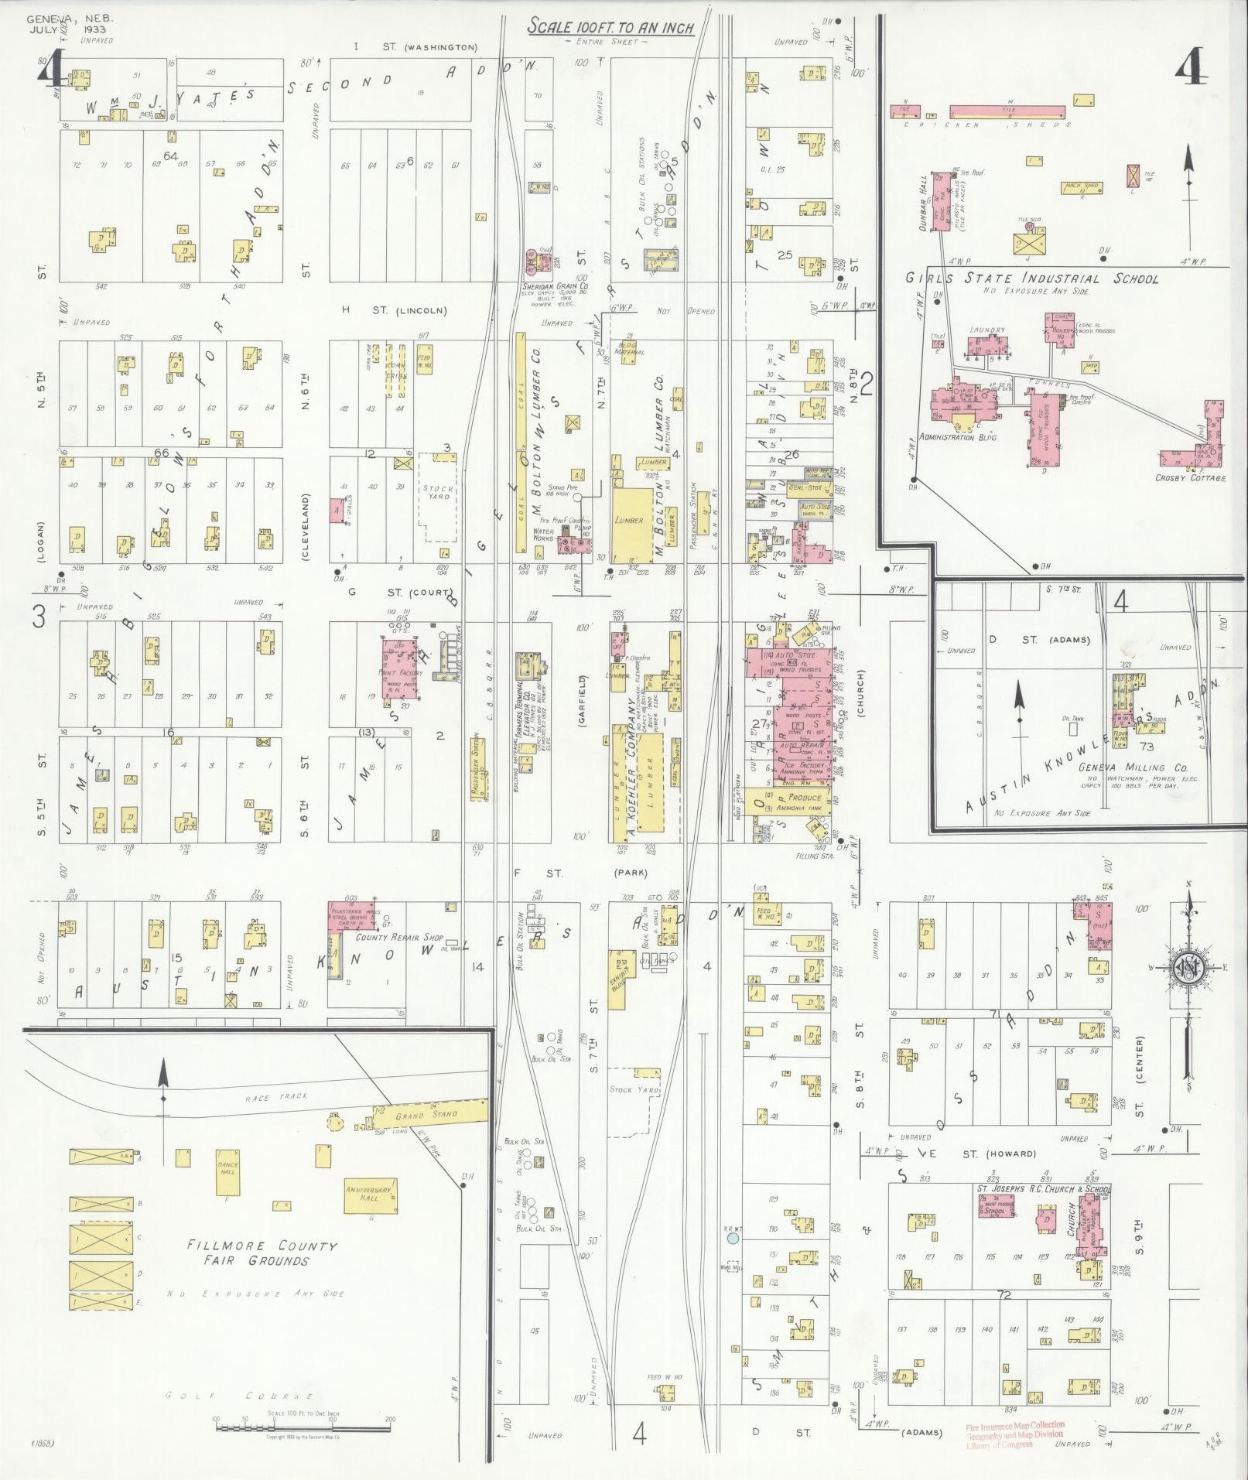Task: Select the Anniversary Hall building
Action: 371,1196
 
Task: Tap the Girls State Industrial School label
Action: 1032,279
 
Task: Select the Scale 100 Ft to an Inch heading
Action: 610,28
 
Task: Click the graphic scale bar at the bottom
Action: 303,1420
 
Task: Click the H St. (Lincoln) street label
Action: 396,310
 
